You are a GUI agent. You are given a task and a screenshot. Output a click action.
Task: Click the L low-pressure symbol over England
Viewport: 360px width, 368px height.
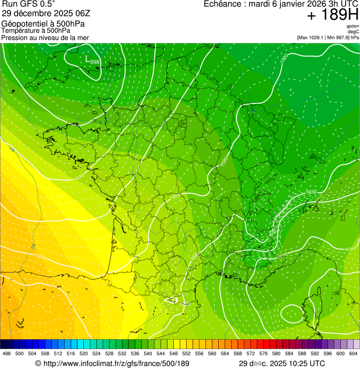tap(87, 59)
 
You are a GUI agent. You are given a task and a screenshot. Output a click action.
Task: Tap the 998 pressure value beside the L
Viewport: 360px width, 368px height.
tap(95, 62)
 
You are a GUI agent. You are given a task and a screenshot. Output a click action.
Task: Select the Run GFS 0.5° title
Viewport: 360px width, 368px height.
tap(29, 4)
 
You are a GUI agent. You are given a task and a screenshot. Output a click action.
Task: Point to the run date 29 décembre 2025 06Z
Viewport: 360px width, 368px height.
tap(46, 13)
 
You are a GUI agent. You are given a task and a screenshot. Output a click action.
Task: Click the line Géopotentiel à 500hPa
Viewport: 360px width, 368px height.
tap(43, 24)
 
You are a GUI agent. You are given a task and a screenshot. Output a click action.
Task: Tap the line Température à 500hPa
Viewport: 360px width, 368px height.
tap(36, 30)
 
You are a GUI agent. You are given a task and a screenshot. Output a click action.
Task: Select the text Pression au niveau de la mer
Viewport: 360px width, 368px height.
tap(45, 37)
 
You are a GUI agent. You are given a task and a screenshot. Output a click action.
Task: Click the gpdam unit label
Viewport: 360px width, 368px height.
tap(353, 26)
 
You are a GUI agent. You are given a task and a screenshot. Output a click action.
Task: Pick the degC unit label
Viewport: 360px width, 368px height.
tap(353, 31)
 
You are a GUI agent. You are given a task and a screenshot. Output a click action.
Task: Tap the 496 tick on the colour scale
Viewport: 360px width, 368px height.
tap(7, 353)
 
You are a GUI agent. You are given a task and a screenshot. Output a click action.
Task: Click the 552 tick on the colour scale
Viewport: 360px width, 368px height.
tap(186, 353)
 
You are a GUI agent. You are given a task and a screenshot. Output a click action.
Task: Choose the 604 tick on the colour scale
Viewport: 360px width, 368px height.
tap(353, 353)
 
